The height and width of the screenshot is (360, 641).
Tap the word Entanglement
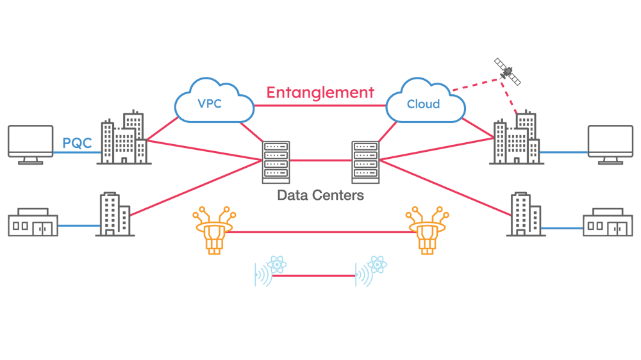click(320, 92)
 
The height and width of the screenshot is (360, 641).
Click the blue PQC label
click(77, 143)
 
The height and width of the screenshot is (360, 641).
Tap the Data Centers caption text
click(320, 195)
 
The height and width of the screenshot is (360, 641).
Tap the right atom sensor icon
click(370, 271)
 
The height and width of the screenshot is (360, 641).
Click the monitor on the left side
click(29, 145)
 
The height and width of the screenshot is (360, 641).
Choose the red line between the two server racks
click(320, 161)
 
